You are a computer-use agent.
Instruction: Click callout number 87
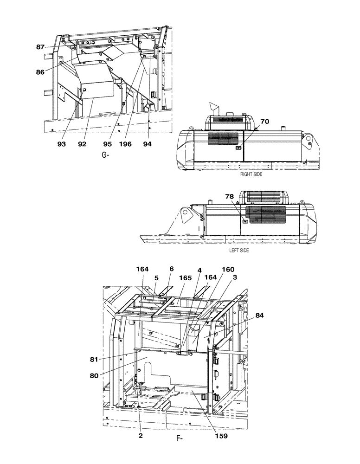point(41,47)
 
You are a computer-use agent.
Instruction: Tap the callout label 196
point(125,144)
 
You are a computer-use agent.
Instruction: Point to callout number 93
point(62,144)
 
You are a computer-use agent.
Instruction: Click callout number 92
point(82,144)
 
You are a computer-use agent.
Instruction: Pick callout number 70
point(264,122)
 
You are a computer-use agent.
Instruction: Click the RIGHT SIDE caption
point(251,175)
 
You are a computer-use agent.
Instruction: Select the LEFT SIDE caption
point(239,251)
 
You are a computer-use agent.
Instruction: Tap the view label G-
point(105,155)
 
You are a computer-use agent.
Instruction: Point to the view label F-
point(179,437)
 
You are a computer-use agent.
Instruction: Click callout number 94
point(148,144)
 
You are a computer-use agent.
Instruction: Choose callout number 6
point(171,269)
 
